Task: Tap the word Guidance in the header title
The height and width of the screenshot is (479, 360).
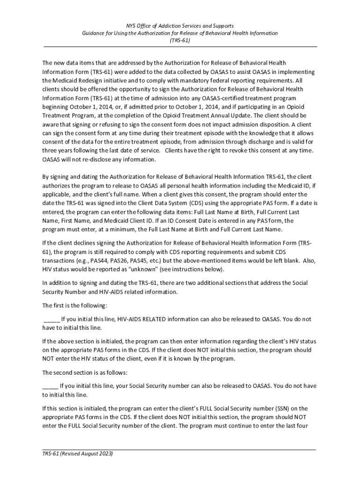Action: tap(94, 33)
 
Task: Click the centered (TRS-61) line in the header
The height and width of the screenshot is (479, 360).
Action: tap(180, 41)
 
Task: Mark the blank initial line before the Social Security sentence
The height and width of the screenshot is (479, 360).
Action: tap(50, 386)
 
